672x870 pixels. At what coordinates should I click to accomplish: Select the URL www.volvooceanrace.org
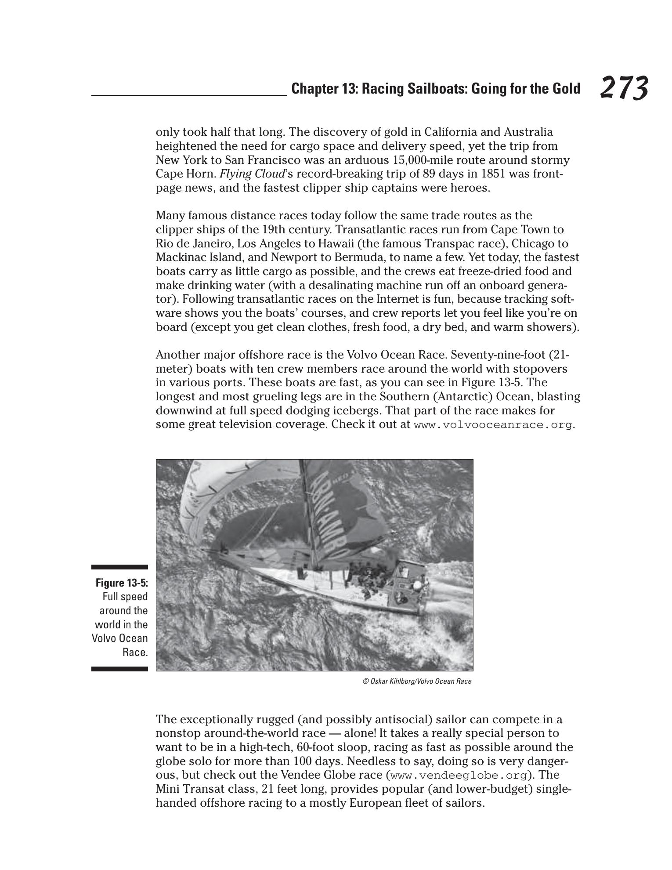click(x=493, y=425)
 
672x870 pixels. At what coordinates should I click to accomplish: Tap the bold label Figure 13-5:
click(x=122, y=583)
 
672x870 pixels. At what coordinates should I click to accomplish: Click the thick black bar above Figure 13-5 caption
click(x=119, y=567)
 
